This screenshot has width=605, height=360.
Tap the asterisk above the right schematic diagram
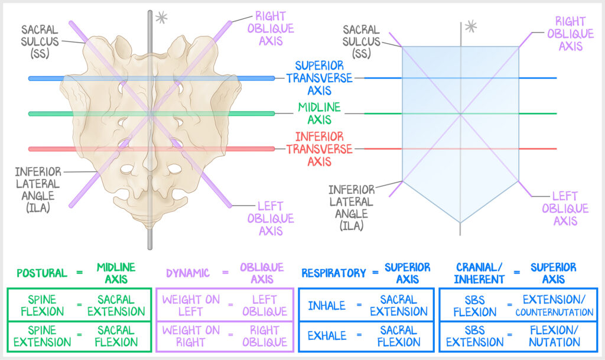470,25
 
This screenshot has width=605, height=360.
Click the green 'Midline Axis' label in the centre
319,113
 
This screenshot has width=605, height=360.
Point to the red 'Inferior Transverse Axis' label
319,148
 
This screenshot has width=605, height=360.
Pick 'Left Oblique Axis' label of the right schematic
565,208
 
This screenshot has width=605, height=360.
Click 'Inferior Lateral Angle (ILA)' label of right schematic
352,207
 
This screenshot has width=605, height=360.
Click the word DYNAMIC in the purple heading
187,273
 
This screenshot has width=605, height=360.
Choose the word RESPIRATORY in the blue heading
334,273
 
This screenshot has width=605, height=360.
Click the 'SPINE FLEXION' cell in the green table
42,305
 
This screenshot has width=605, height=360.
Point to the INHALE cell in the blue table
327,306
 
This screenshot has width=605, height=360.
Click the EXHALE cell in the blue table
327,336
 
